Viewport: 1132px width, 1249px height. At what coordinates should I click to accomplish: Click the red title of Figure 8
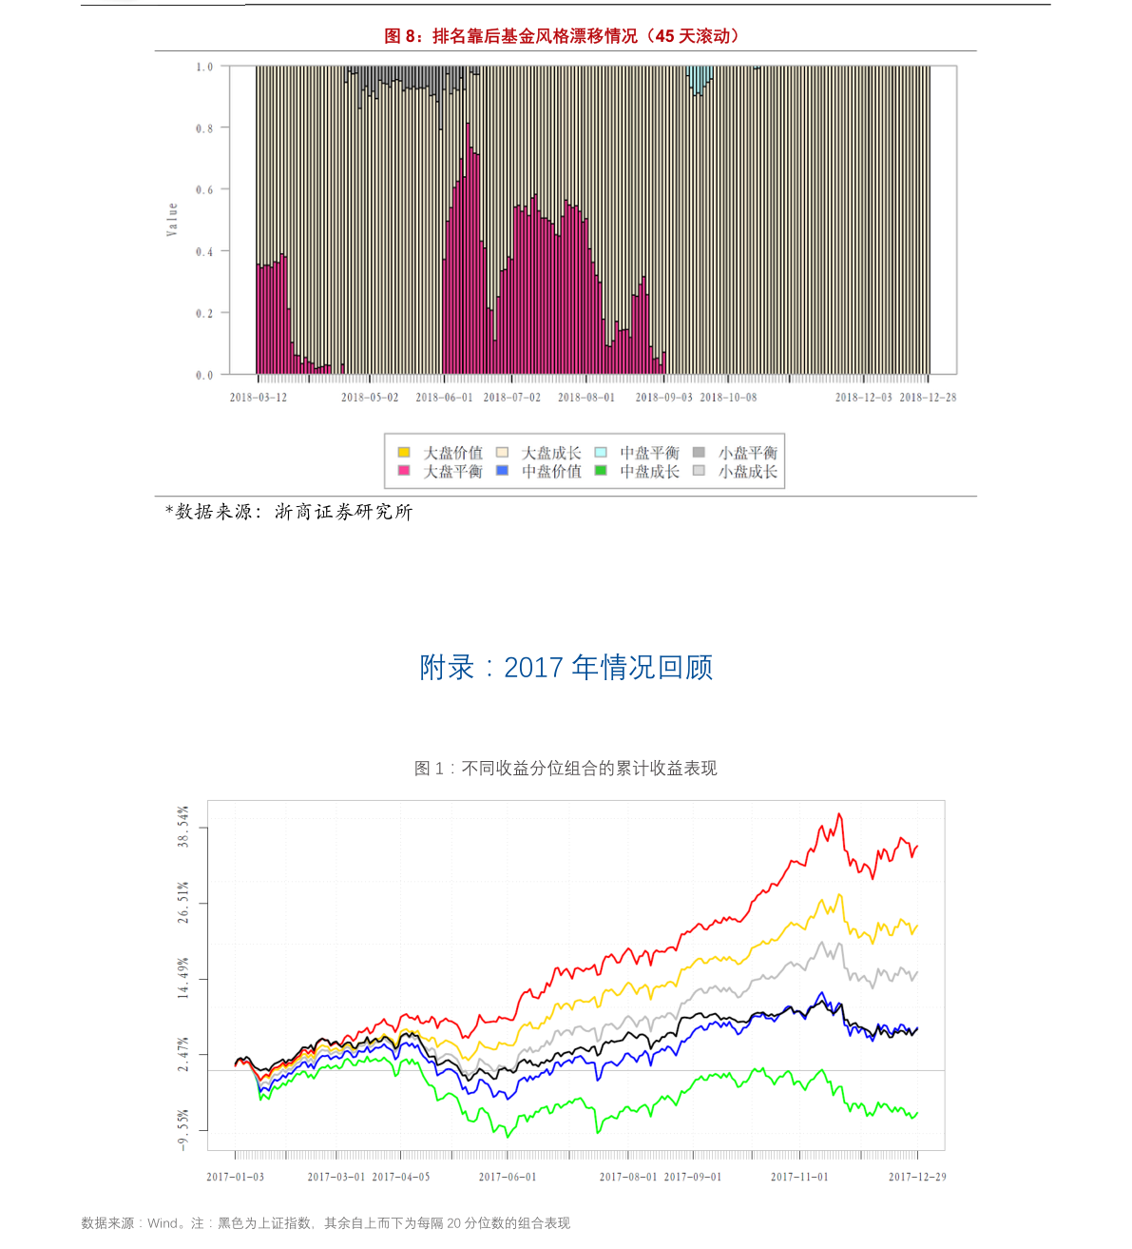pyautogui.click(x=562, y=36)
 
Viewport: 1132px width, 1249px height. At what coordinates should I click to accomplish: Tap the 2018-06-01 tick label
pyautogui.click(x=444, y=398)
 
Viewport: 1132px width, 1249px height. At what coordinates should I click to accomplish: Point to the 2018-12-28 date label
pyautogui.click(x=928, y=398)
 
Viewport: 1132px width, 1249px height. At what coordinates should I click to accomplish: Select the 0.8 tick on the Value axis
pyautogui.click(x=204, y=128)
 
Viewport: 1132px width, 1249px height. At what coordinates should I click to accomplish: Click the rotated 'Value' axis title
pyautogui.click(x=172, y=219)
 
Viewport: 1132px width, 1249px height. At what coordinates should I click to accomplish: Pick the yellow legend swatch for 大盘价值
pyautogui.click(x=404, y=453)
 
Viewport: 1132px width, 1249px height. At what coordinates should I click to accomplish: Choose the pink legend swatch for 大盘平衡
pyautogui.click(x=404, y=471)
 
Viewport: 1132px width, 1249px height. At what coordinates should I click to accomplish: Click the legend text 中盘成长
pyautogui.click(x=649, y=471)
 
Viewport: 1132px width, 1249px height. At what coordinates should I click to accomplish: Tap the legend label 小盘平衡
pyautogui.click(x=748, y=453)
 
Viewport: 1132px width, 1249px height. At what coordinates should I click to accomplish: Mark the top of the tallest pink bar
pyautogui.click(x=468, y=124)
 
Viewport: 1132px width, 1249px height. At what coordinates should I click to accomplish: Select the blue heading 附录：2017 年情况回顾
pyautogui.click(x=566, y=668)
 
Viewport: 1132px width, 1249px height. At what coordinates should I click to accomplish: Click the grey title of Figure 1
pyautogui.click(x=566, y=769)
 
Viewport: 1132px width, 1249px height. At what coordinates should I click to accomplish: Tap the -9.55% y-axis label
pyautogui.click(x=183, y=1130)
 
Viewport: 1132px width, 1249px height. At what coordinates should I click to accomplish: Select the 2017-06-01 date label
pyautogui.click(x=507, y=1177)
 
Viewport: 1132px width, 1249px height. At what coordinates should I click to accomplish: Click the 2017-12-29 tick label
pyautogui.click(x=917, y=1177)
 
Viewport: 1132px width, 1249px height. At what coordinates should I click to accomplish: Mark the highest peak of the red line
pyautogui.click(x=839, y=814)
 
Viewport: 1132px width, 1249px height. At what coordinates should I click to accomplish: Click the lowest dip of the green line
pyautogui.click(x=507, y=1136)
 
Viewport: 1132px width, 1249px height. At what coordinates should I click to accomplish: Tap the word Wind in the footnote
pyautogui.click(x=163, y=1223)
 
